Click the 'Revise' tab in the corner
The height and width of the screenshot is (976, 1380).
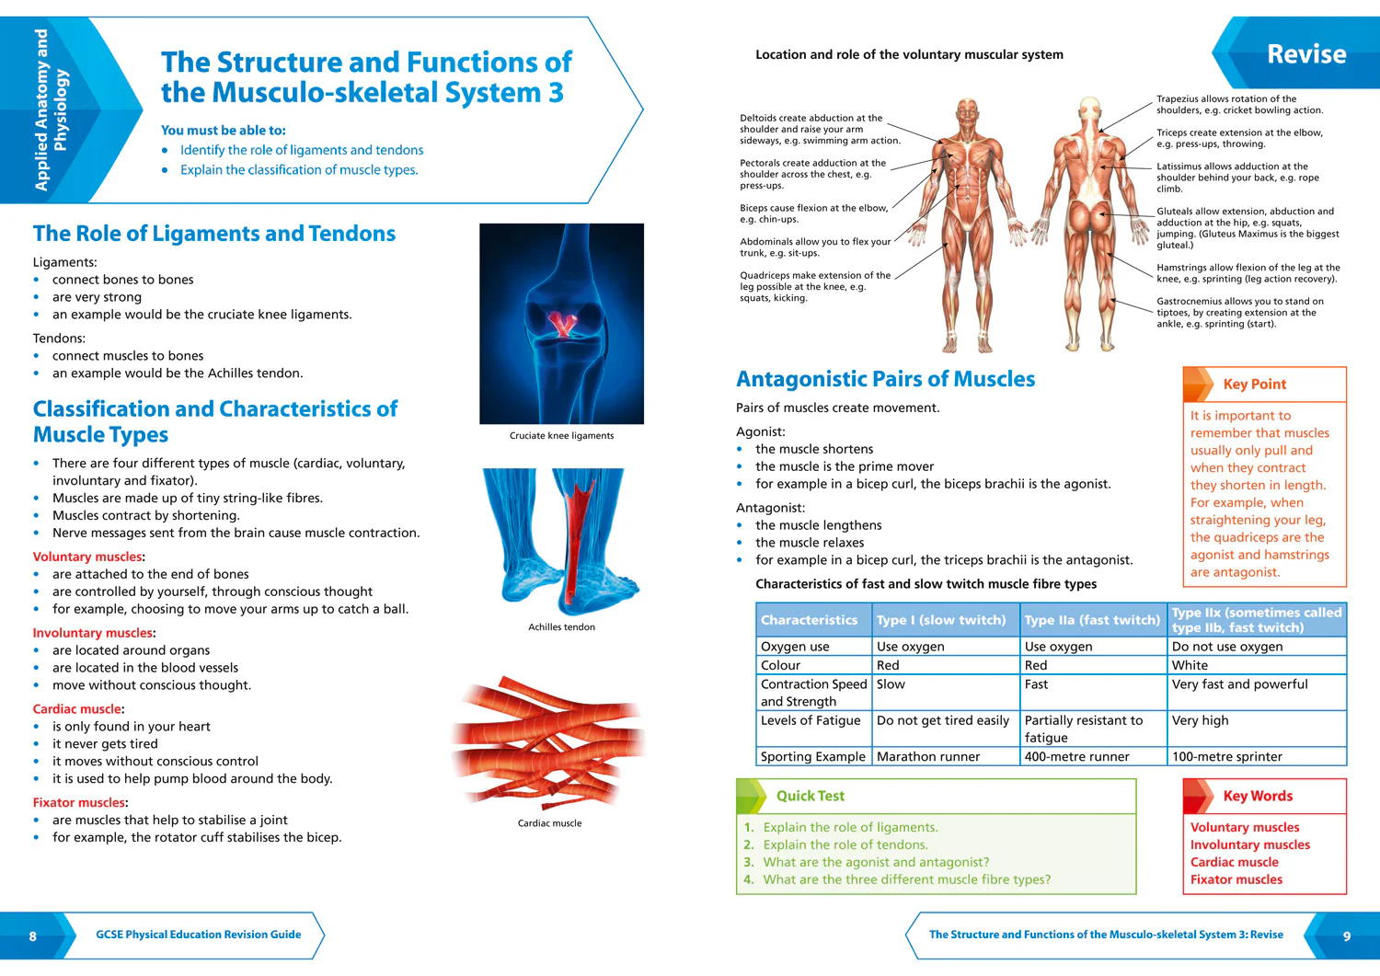point(1306,54)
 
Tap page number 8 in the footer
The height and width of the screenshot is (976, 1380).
point(32,936)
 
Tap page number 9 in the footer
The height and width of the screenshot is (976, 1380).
point(1347,936)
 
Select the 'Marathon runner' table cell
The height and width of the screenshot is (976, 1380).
point(927,757)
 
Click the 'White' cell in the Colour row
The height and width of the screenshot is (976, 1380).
point(1190,665)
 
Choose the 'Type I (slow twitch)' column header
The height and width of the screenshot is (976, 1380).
point(941,620)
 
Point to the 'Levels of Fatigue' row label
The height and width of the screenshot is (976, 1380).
point(811,720)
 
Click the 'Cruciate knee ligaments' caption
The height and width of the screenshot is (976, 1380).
point(561,436)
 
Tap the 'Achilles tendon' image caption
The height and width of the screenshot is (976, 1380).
point(561,627)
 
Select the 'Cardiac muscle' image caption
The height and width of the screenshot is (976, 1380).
point(549,823)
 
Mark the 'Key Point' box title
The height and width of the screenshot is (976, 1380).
point(1254,384)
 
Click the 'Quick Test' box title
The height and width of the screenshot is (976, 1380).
point(811,796)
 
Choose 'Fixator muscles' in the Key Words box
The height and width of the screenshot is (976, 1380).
point(1236,880)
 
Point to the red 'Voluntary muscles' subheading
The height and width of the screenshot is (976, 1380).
point(86,557)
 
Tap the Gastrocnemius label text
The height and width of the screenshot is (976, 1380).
point(1239,313)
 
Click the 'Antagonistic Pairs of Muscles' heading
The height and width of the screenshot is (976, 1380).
point(885,379)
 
